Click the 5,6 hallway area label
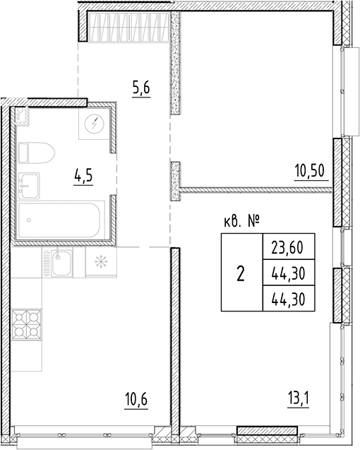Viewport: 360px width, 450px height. [141, 88]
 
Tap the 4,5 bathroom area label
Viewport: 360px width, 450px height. [83, 175]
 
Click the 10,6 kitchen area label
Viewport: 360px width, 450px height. [136, 399]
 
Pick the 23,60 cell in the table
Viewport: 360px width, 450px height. [289, 247]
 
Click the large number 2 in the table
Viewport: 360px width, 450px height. [241, 273]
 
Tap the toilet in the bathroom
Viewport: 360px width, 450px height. [36, 153]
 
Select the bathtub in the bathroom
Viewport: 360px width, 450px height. [59, 220]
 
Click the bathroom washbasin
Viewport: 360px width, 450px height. [29, 186]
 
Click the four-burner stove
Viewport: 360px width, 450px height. [26, 324]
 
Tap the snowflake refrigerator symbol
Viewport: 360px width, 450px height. [101, 261]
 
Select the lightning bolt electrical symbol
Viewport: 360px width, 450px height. [95, 124]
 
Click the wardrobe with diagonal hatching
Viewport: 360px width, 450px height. [128, 26]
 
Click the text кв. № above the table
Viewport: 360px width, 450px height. [241, 222]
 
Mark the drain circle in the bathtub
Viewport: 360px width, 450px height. [29, 220]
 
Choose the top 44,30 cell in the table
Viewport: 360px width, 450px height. [289, 273]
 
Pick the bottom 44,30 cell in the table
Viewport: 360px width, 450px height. [289, 298]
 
